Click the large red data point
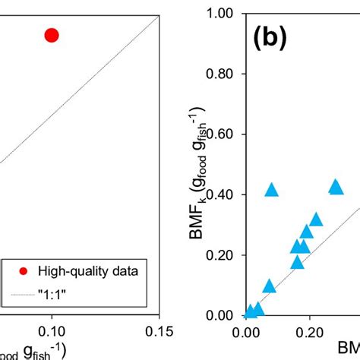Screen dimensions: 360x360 52,35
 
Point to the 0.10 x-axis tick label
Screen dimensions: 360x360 52,333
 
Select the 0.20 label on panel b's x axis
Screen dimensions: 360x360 308,333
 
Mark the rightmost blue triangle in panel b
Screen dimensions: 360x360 335,187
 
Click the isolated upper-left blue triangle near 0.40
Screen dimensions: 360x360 271,190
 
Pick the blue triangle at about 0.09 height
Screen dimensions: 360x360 270,286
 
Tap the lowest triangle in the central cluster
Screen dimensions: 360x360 298,262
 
